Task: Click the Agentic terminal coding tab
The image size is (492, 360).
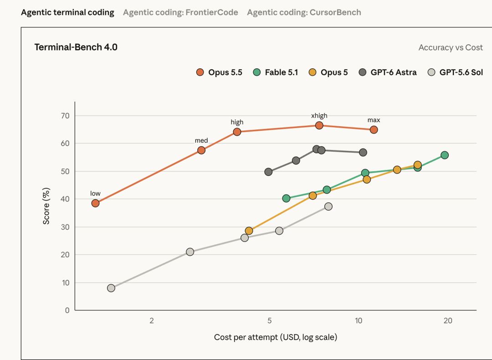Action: (67, 13)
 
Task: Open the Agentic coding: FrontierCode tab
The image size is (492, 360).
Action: (180, 13)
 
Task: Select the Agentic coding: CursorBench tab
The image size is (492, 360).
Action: (304, 13)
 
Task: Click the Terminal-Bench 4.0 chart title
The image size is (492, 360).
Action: (76, 47)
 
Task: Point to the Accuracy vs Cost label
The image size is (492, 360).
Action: (451, 47)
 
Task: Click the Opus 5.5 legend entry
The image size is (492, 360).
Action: (219, 72)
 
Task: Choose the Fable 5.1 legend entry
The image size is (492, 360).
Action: (276, 72)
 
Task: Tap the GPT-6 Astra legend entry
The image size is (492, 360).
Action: (388, 72)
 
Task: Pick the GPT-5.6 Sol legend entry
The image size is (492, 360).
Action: (455, 72)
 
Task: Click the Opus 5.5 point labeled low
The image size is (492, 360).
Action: (95, 203)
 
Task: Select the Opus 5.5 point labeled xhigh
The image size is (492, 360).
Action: (319, 126)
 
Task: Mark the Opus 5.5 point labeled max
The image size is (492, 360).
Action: (374, 129)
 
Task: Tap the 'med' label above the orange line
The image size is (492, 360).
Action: (201, 141)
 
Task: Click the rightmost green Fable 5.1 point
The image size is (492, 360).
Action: (445, 155)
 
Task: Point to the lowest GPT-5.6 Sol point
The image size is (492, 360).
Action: (111, 288)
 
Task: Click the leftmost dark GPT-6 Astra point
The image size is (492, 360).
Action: (268, 172)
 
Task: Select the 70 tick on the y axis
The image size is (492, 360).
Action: (65, 116)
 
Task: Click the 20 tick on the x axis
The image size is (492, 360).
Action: (448, 321)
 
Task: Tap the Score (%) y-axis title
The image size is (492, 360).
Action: (46, 206)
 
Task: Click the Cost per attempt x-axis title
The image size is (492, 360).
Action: (276, 337)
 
